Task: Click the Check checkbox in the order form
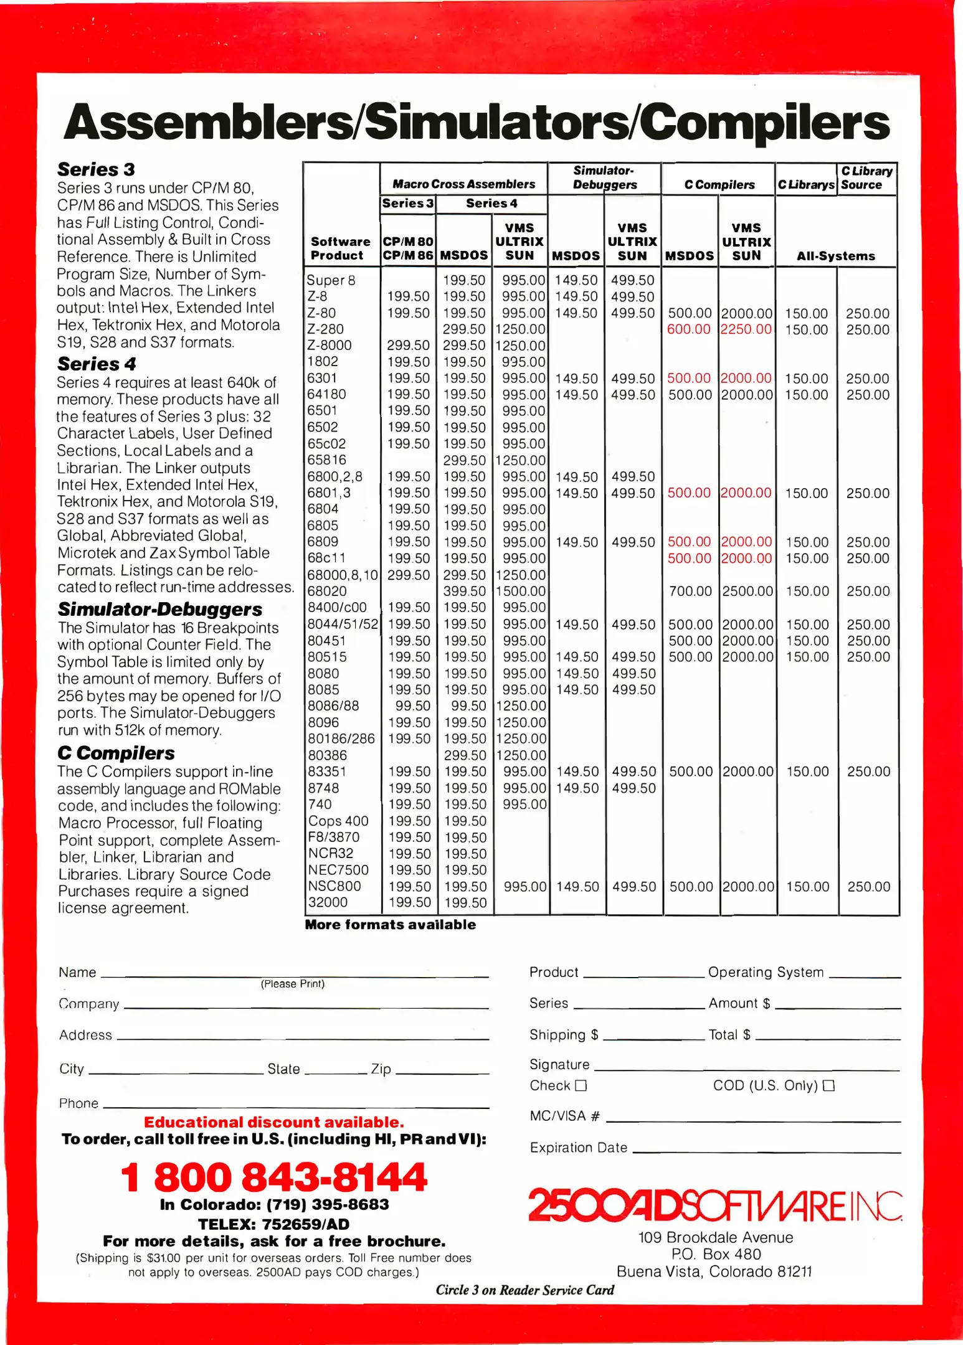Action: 581,1085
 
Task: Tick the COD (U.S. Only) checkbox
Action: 828,1085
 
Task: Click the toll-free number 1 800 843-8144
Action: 273,1176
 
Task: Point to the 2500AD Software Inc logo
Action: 714,1206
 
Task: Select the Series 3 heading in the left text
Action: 96,169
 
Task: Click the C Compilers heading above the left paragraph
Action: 116,753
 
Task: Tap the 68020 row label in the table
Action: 327,591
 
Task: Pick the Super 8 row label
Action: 331,280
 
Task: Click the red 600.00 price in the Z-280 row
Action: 688,329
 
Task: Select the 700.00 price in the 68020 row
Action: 690,591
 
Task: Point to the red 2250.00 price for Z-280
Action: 746,329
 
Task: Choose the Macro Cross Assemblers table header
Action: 463,184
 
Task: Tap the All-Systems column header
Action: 835,256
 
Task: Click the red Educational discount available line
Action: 273,1122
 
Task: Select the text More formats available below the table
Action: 390,925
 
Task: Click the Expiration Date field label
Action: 578,1148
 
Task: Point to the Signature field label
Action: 559,1064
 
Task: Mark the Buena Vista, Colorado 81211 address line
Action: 714,1272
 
